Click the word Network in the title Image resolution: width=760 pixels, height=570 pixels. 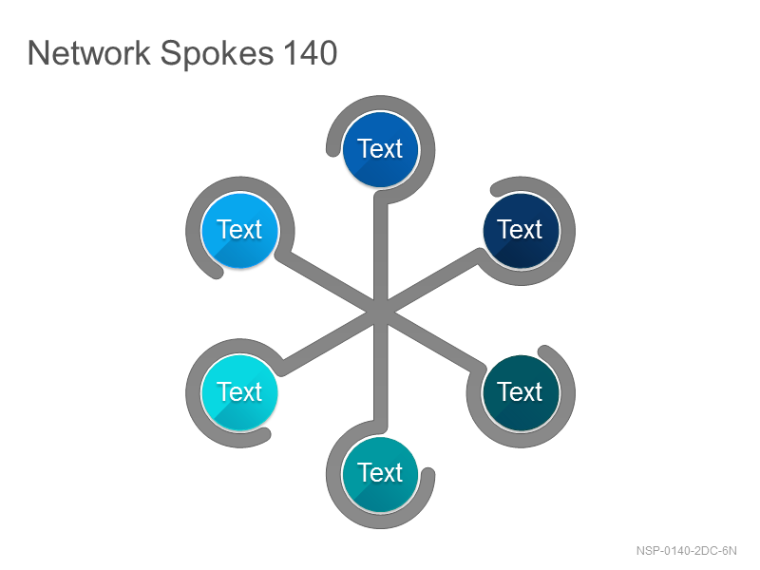(x=89, y=53)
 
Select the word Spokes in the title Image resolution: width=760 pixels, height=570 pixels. (x=217, y=54)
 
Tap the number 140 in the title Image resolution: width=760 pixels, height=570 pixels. (x=311, y=53)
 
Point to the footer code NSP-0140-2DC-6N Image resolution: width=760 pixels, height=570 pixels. (x=686, y=551)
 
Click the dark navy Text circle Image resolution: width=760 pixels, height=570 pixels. (x=521, y=231)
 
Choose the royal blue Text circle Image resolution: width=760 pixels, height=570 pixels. (x=381, y=149)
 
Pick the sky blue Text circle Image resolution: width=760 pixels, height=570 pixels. (x=240, y=231)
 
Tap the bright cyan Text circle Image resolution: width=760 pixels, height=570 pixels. (x=240, y=393)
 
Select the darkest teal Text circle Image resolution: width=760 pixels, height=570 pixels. (x=521, y=393)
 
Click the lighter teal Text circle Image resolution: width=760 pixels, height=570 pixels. (x=381, y=474)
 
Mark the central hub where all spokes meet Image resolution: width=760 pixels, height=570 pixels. (x=381, y=312)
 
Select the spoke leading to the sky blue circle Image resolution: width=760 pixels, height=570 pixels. (x=328, y=281)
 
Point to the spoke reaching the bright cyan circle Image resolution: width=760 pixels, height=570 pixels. (x=330, y=341)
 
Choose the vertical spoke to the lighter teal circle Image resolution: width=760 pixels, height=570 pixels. (x=381, y=371)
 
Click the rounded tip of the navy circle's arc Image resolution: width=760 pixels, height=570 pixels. (x=497, y=189)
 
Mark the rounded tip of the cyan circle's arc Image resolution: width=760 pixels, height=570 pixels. (x=264, y=434)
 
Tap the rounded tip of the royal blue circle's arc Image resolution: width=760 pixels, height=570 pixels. (x=333, y=150)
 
